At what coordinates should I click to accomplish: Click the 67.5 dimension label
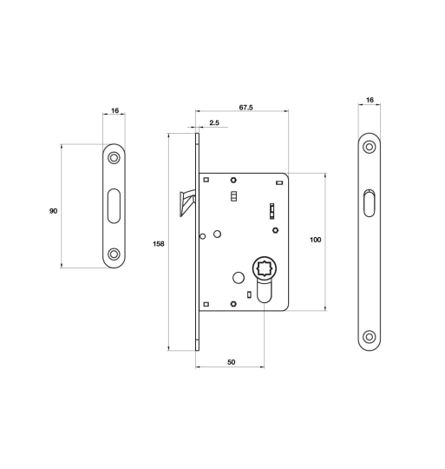245,108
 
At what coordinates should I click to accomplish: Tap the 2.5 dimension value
214,122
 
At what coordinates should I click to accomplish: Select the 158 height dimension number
158,244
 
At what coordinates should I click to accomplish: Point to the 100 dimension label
316,240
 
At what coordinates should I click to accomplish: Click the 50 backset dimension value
231,362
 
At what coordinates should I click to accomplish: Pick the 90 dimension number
53,211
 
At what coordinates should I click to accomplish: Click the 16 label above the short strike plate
115,110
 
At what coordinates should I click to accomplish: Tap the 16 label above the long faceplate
370,100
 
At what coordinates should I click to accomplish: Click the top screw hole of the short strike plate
114,157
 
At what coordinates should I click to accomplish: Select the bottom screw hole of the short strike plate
114,254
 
